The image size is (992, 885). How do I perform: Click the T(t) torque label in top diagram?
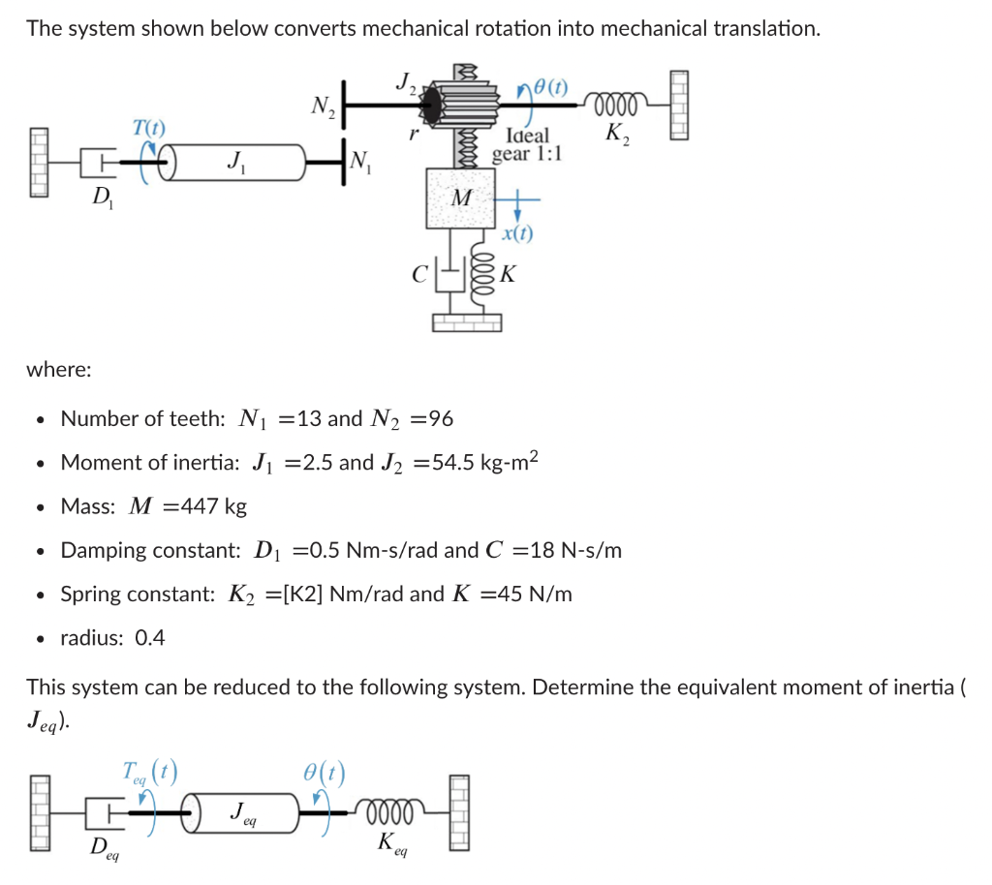tap(148, 126)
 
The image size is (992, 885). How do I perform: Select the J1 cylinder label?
tap(232, 160)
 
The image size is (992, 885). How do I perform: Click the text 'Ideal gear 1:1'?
tap(527, 144)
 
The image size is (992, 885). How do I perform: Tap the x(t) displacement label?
tap(517, 233)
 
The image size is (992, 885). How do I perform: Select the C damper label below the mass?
tap(418, 275)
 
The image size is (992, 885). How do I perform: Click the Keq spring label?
tap(391, 842)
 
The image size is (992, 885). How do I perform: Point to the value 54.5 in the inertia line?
tap(451, 463)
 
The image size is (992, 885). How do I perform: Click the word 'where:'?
tap(60, 369)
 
